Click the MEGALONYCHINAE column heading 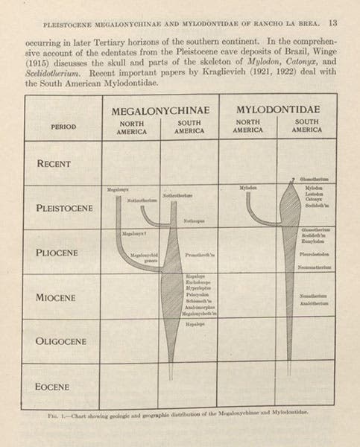tap(159, 110)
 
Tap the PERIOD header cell tap(63, 127)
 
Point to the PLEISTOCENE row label tap(64, 208)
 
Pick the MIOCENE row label tap(59, 297)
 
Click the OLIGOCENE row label tap(62, 342)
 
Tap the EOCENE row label tap(59, 387)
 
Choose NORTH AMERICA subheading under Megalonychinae tap(132, 127)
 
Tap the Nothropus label tap(194, 221)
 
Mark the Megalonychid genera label tap(142, 258)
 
